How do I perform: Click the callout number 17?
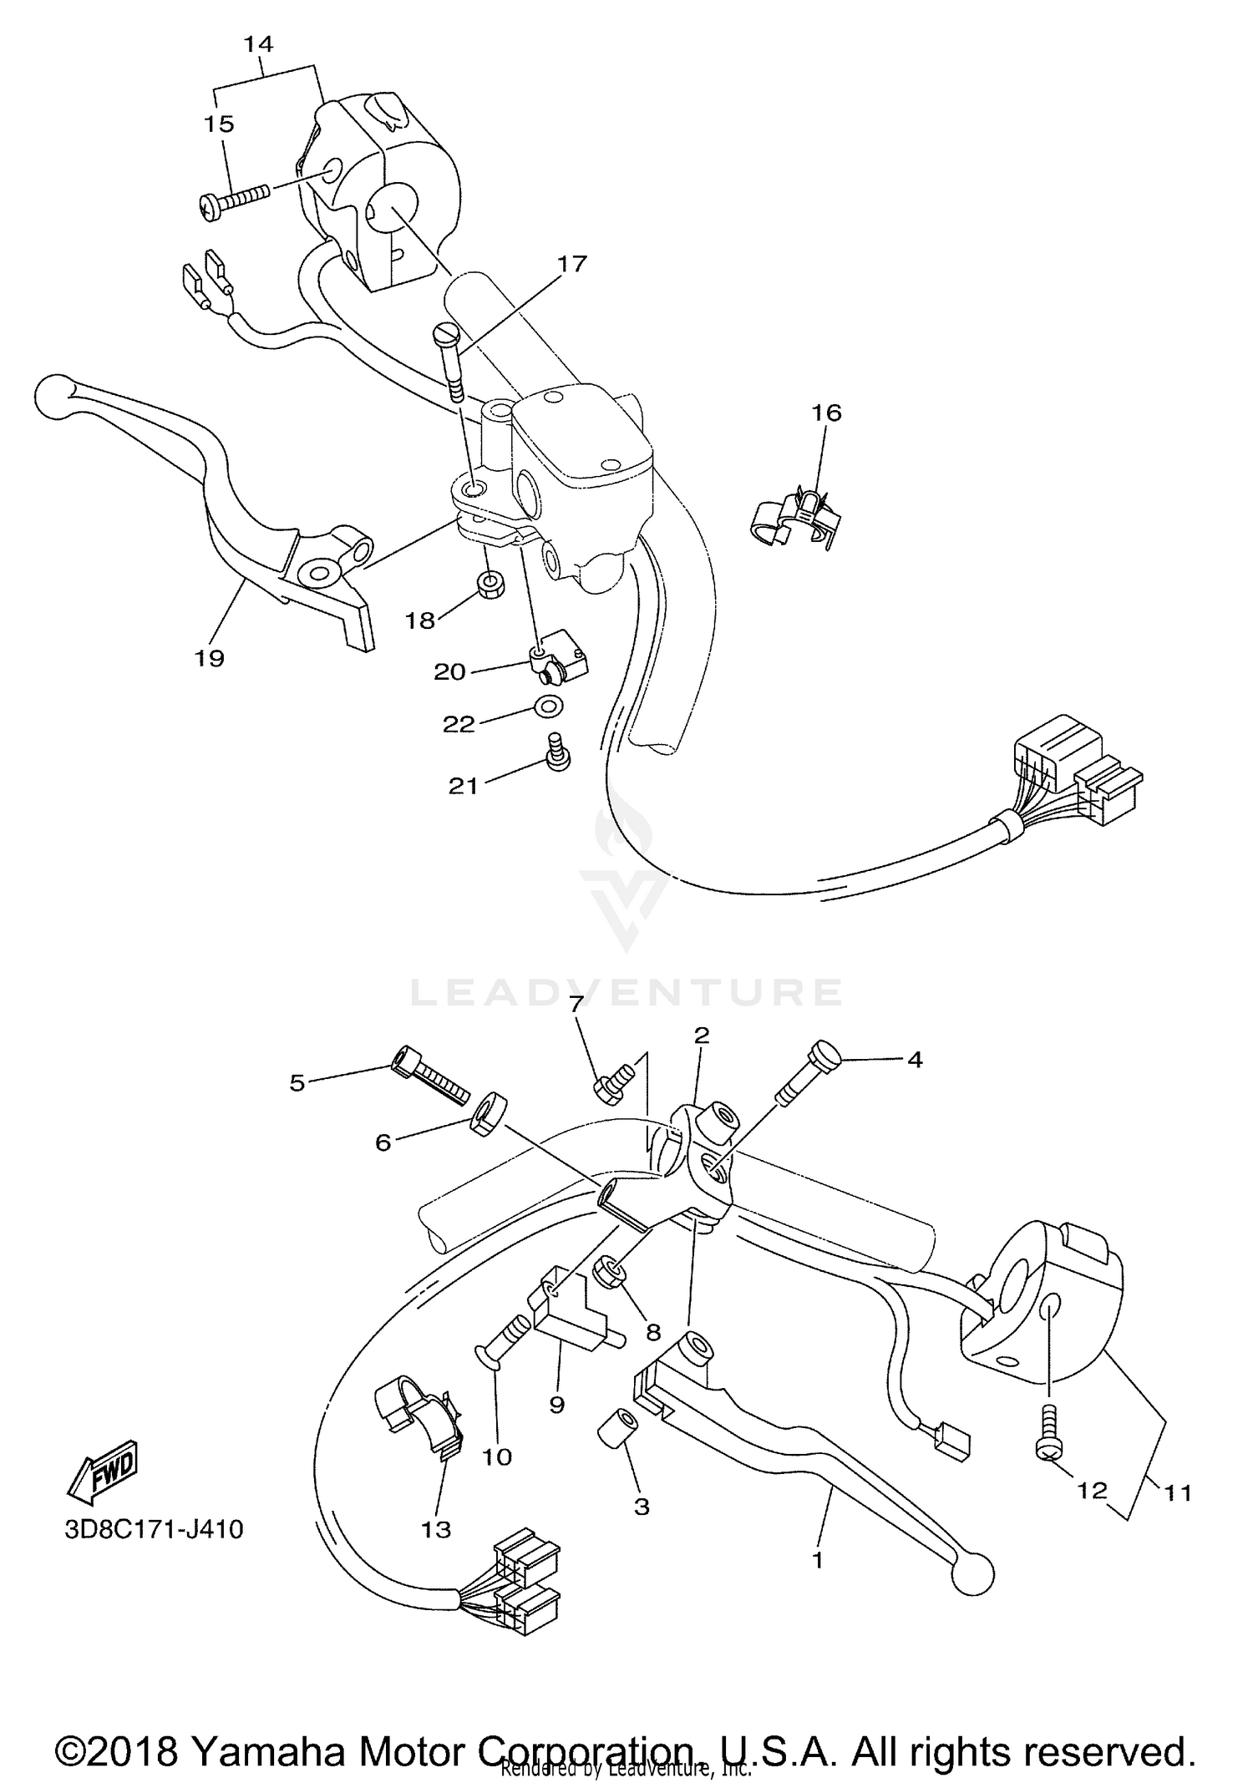(x=573, y=264)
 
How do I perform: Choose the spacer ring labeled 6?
(x=485, y=1114)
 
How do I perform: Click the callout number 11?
(x=1178, y=1492)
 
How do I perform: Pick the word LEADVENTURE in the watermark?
(x=626, y=992)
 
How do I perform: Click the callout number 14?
(x=259, y=43)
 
